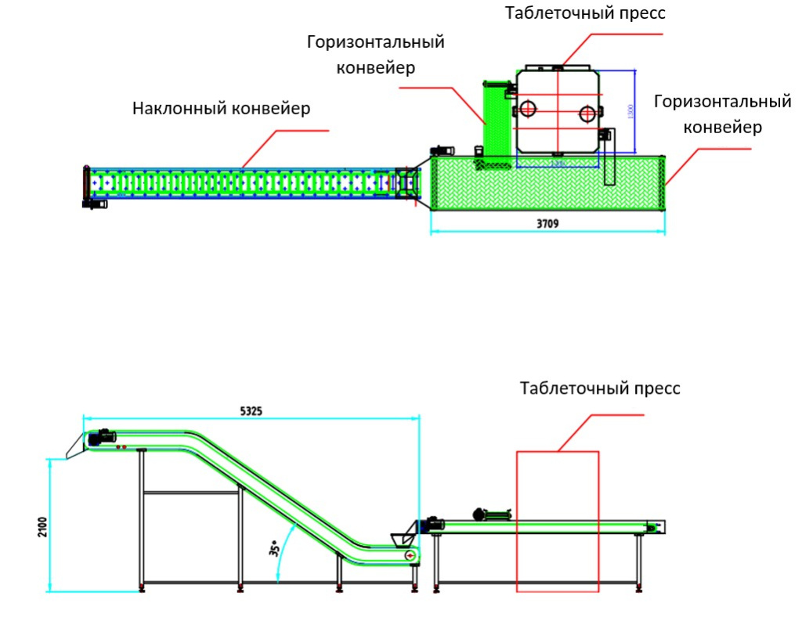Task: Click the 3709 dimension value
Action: click(x=547, y=223)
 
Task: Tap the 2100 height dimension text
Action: click(x=42, y=525)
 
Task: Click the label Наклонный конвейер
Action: click(x=221, y=109)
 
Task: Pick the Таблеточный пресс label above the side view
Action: click(x=600, y=388)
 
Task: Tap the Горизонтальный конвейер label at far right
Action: click(x=721, y=114)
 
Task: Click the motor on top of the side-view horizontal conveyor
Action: click(x=490, y=514)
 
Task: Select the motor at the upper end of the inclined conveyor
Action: click(x=102, y=438)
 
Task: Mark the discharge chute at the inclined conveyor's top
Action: click(x=75, y=446)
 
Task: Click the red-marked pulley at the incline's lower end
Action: click(x=409, y=554)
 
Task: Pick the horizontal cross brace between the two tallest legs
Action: click(x=191, y=492)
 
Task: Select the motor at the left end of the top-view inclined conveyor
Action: click(x=95, y=204)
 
